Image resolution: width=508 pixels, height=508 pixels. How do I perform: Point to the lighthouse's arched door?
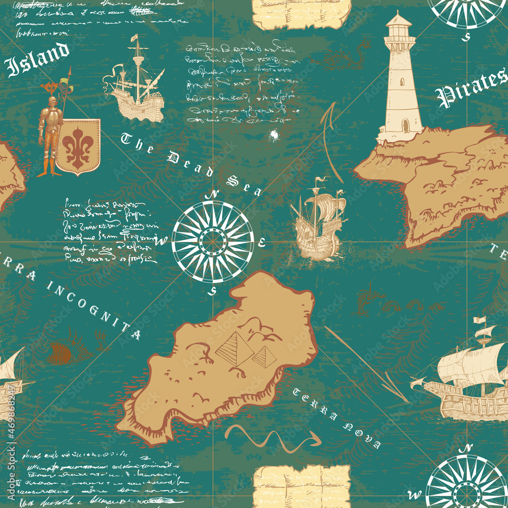404,125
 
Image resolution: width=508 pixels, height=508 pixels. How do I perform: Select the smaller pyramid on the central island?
264,357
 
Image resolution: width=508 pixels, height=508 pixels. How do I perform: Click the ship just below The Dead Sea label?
317,220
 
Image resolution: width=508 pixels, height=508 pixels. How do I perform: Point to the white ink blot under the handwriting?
274,135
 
